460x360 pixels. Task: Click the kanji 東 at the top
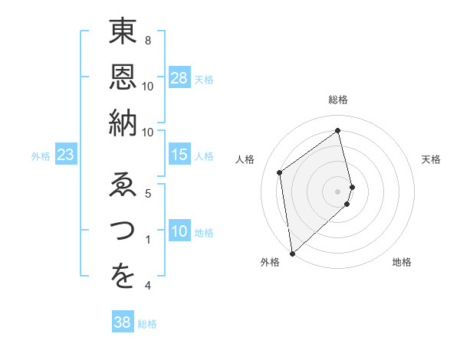123,34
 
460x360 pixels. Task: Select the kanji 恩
123,79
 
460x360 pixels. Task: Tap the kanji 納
123,123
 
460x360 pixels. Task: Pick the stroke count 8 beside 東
148,40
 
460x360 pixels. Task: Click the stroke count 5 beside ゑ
148,193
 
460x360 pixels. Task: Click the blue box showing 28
179,78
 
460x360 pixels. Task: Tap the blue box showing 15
179,155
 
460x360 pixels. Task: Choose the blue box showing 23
66,155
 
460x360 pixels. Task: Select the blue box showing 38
123,323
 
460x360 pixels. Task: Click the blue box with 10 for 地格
179,232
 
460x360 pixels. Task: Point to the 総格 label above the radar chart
338,100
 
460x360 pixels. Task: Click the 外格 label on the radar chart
269,263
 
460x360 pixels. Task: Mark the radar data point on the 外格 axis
292,253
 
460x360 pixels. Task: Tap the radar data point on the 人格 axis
280,172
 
